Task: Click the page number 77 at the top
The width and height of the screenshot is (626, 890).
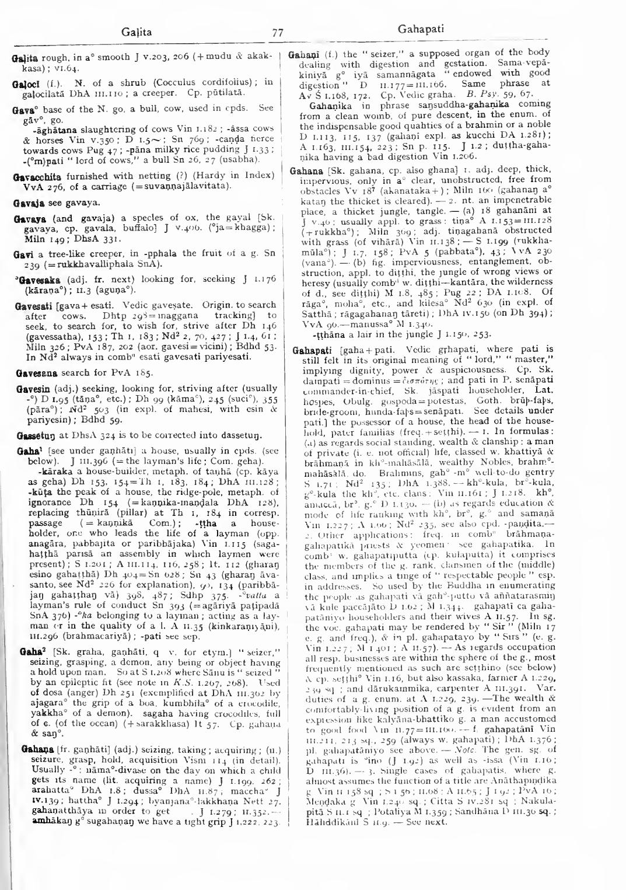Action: coord(277,33)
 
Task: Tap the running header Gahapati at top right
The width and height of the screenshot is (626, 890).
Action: coord(420,29)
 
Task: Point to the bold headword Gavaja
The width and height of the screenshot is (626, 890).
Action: coord(27,203)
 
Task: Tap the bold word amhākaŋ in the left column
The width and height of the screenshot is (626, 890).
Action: coord(32,822)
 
